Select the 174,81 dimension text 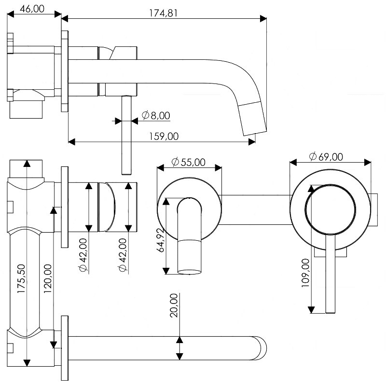163,13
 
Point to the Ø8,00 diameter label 156,115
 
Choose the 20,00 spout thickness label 174,305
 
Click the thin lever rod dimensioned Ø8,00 126,135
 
